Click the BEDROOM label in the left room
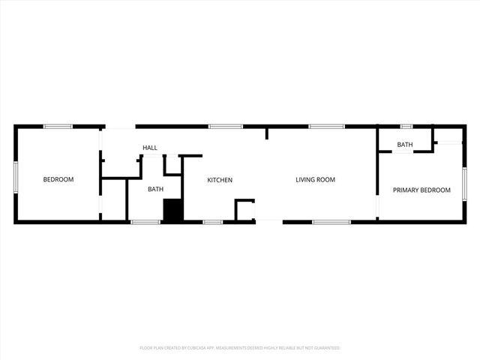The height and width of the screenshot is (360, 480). (58, 179)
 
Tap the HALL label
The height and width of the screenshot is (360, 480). (150, 148)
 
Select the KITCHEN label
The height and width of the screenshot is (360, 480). (220, 180)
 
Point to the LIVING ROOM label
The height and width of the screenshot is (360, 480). (315, 180)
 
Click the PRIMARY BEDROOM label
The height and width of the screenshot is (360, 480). (422, 190)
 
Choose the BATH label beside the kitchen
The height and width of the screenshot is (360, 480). (155, 190)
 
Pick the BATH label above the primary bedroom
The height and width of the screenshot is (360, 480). (405, 145)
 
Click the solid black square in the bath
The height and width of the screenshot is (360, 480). (173, 211)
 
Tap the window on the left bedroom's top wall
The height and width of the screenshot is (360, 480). (58, 127)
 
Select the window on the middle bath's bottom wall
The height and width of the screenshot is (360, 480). (145, 222)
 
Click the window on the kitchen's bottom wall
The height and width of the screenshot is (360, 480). (212, 222)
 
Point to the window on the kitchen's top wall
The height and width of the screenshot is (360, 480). (226, 127)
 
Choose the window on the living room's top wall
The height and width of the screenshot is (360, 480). (326, 127)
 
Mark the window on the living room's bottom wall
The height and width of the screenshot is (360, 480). (331, 222)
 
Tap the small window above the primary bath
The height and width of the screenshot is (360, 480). (406, 127)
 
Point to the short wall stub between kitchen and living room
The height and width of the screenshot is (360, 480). (266, 133)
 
